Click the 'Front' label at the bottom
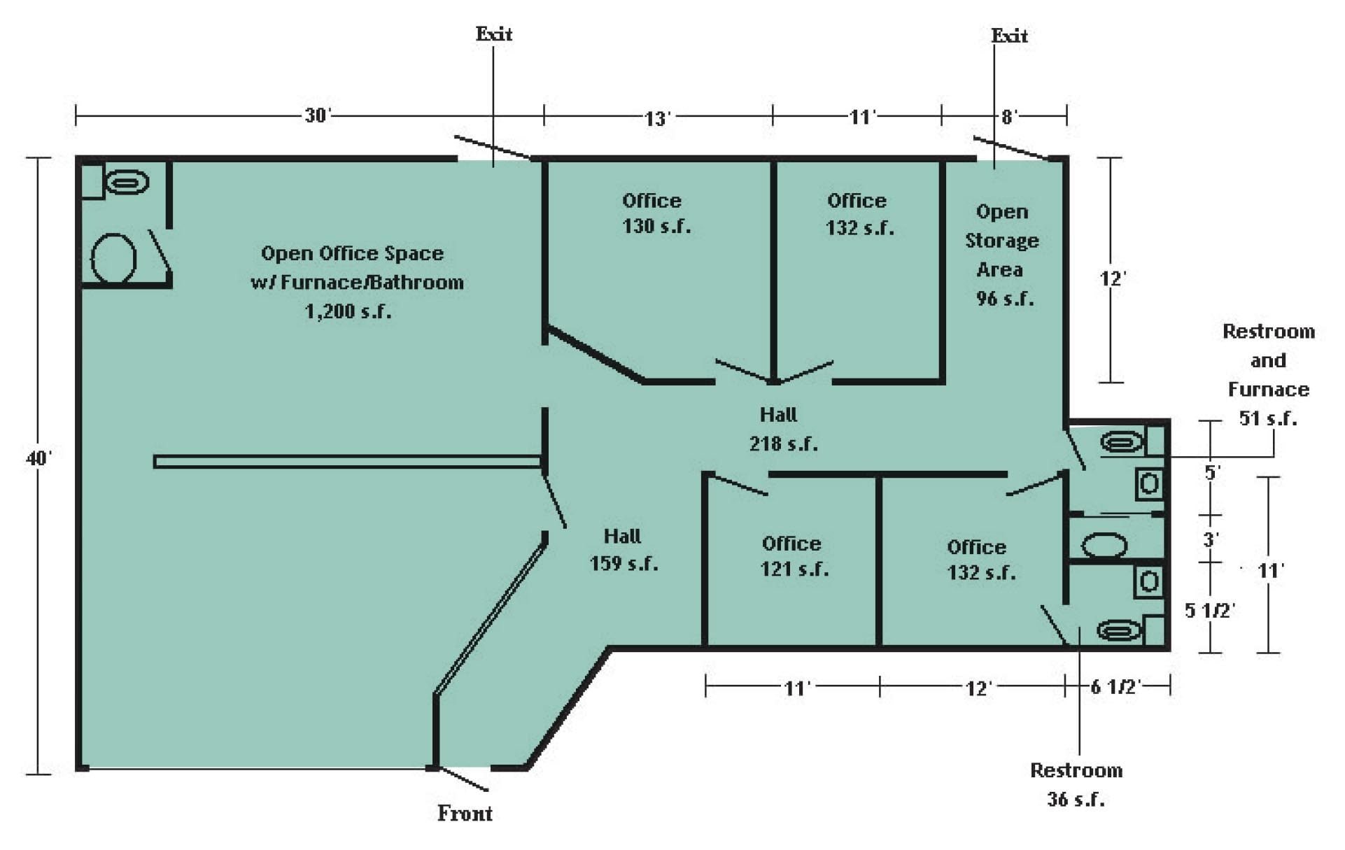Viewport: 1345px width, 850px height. click(x=465, y=813)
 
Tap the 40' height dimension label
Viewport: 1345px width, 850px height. click(x=38, y=458)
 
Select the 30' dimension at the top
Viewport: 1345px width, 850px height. click(x=317, y=115)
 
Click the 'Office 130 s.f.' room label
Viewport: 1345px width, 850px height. click(x=654, y=213)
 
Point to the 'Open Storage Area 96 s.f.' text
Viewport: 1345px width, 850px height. click(x=1002, y=255)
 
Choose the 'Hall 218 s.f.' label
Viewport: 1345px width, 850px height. click(x=782, y=429)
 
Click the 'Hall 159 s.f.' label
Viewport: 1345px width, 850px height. click(x=623, y=550)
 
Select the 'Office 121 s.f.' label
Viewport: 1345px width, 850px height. click(x=794, y=556)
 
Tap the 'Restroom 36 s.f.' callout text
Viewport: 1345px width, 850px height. click(x=1076, y=784)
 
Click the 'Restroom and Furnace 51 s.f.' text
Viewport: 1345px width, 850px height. click(x=1268, y=374)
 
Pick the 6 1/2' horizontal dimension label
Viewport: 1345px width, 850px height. click(x=1115, y=686)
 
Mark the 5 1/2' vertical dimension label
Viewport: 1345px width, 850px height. click(x=1209, y=610)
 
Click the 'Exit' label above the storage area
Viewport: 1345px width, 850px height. click(x=1009, y=36)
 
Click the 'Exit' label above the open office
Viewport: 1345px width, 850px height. click(x=494, y=34)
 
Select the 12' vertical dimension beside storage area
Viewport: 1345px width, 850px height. click(x=1112, y=278)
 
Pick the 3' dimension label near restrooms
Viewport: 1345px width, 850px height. click(x=1211, y=539)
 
